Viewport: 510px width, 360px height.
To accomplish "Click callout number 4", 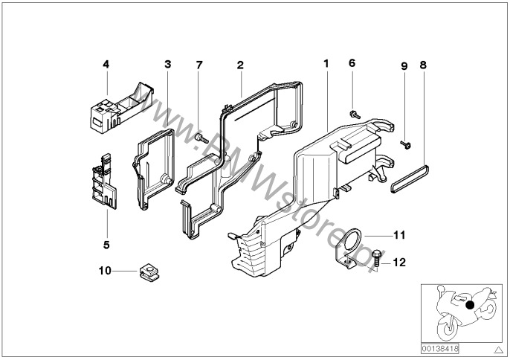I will tap(106, 65).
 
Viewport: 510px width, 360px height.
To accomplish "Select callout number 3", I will tap(168, 65).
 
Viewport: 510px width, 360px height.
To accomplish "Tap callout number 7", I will tap(198, 65).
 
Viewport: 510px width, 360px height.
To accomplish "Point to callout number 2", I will tap(240, 65).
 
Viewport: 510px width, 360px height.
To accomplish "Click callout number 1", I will tap(325, 65).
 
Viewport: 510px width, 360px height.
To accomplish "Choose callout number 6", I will tap(352, 64).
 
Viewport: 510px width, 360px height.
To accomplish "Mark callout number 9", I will tap(404, 65).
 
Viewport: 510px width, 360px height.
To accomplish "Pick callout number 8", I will tap(422, 65).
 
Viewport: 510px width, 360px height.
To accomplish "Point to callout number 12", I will tap(399, 261).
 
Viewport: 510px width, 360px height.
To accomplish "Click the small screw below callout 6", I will tap(354, 113).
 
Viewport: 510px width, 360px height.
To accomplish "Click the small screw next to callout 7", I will tap(199, 138).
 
